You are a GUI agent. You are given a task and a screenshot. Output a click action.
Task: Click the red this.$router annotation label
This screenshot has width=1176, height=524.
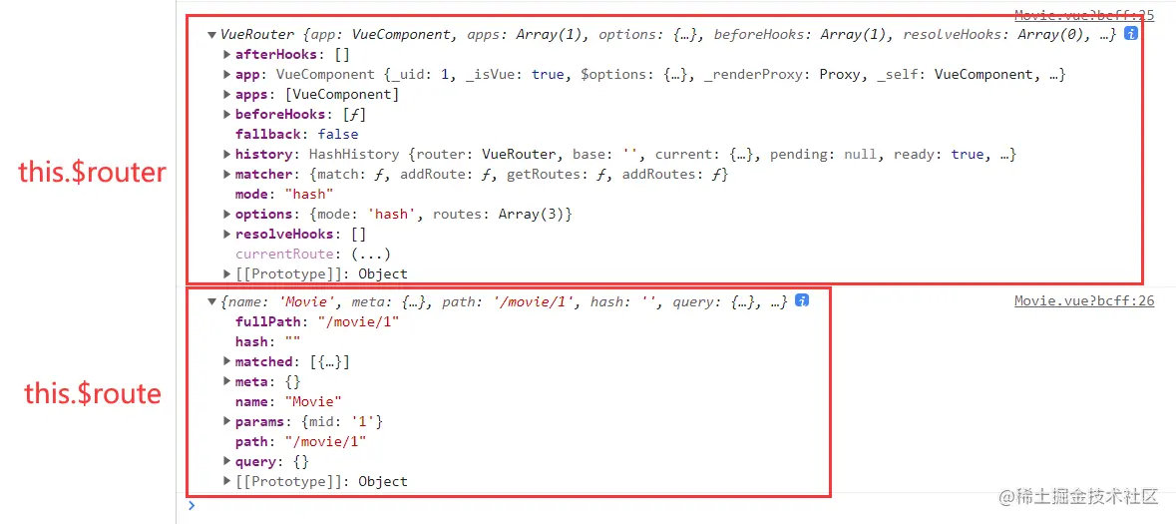click(x=93, y=173)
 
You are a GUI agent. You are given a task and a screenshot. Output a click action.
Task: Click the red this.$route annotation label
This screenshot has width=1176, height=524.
click(x=93, y=393)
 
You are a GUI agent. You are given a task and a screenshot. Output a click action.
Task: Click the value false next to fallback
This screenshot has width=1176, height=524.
click(x=338, y=134)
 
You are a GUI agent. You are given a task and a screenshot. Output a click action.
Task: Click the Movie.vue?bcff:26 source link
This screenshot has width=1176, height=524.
click(x=1084, y=301)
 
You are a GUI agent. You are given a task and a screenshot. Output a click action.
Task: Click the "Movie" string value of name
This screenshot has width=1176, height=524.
click(x=313, y=401)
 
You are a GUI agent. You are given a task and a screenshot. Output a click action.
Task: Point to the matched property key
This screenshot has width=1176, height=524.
click(x=264, y=361)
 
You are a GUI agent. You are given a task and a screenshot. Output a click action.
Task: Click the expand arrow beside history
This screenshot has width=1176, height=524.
click(x=227, y=154)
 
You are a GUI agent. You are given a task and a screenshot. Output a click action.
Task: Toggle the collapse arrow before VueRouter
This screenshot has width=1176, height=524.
click(x=211, y=34)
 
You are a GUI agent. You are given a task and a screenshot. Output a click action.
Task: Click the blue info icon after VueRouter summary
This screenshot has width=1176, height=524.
click(x=1130, y=33)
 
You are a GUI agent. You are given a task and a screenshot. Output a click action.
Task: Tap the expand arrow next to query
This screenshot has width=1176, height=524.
click(x=227, y=461)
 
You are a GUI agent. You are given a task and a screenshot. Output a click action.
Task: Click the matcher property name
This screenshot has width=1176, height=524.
click(x=264, y=174)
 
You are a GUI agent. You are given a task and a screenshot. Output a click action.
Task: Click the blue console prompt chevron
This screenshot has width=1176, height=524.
click(x=192, y=506)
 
